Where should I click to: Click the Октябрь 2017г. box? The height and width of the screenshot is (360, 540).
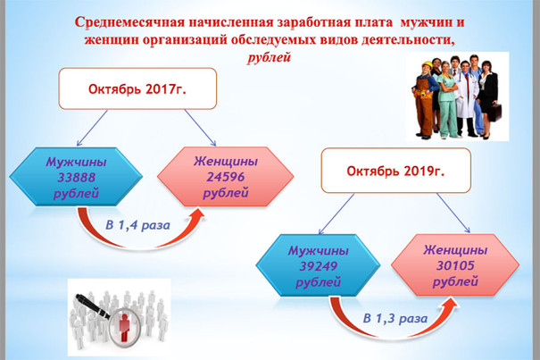click(x=137, y=88)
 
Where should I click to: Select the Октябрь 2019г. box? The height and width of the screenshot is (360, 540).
click(x=396, y=171)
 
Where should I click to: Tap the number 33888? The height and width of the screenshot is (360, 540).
click(x=76, y=178)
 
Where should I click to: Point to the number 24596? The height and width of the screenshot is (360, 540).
click(x=226, y=177)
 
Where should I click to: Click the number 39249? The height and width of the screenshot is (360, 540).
click(x=319, y=266)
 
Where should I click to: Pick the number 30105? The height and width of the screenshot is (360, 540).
click(x=455, y=265)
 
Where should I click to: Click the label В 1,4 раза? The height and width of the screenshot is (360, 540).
click(x=137, y=225)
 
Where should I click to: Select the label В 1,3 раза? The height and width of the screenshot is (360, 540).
click(x=395, y=318)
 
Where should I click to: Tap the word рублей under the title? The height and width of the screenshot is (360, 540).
click(x=269, y=57)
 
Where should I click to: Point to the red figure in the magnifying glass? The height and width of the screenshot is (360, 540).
click(x=124, y=327)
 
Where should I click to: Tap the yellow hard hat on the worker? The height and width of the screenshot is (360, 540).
click(x=428, y=64)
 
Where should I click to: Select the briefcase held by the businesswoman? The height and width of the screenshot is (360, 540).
click(x=495, y=113)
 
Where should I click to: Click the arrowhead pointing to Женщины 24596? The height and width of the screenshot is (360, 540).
click(x=197, y=213)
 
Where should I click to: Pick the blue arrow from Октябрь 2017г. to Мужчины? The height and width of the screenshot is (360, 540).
click(x=92, y=128)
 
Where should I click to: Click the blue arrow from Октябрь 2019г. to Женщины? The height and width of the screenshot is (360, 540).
click(x=453, y=213)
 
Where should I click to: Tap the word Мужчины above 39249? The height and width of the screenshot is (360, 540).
click(x=319, y=251)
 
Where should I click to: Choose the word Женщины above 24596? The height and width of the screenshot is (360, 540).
click(x=226, y=162)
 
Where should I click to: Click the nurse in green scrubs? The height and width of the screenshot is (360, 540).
click(x=446, y=100)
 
